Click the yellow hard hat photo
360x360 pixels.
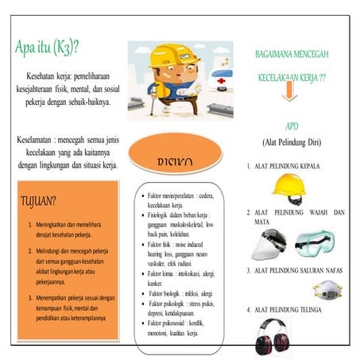coord(288,185)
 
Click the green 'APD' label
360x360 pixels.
coord(292,127)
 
